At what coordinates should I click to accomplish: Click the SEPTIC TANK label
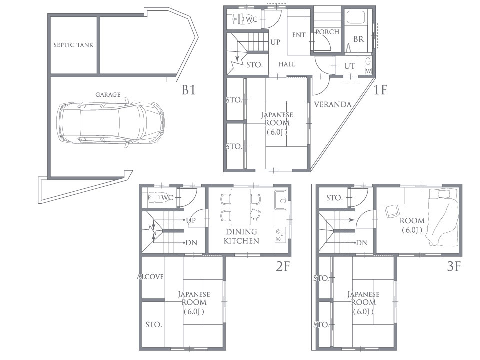point(74,45)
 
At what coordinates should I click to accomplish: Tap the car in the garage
point(111,123)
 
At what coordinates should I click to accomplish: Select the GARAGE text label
point(108,95)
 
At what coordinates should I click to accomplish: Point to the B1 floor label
point(188,90)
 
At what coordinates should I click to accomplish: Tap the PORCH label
point(327,32)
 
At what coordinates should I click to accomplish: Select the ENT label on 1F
point(299,35)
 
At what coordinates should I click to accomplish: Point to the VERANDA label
point(333,105)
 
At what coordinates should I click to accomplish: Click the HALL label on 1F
point(287,64)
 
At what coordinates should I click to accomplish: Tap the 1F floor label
point(380,90)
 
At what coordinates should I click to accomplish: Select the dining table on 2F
point(241,207)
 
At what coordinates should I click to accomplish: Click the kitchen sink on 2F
point(280,200)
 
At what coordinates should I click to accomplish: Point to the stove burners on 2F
point(280,235)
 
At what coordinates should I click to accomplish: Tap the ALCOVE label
point(150,277)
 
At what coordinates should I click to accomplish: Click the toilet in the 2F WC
point(154,198)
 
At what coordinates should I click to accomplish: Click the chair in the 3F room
point(391,211)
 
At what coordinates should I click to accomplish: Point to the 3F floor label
point(454,266)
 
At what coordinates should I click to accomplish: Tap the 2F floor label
point(283,266)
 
